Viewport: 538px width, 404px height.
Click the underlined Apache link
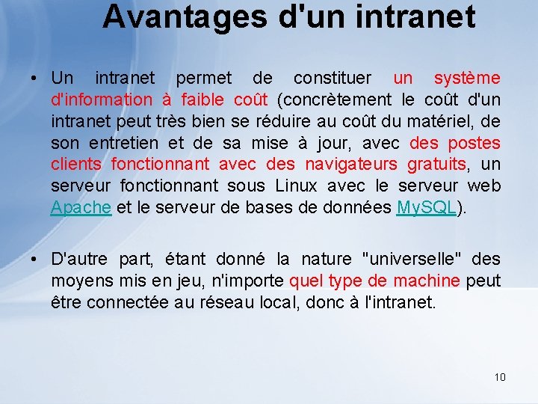(x=81, y=207)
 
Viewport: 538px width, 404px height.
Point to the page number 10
(x=500, y=376)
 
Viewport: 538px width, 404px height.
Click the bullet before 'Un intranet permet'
(x=35, y=79)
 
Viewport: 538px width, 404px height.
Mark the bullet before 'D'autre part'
(x=35, y=260)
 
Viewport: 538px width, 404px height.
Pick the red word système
(x=467, y=78)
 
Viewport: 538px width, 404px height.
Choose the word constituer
(x=334, y=78)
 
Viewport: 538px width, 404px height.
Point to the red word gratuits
(x=437, y=164)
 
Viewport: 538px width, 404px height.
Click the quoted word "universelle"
(x=412, y=260)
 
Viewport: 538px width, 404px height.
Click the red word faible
(x=203, y=100)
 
